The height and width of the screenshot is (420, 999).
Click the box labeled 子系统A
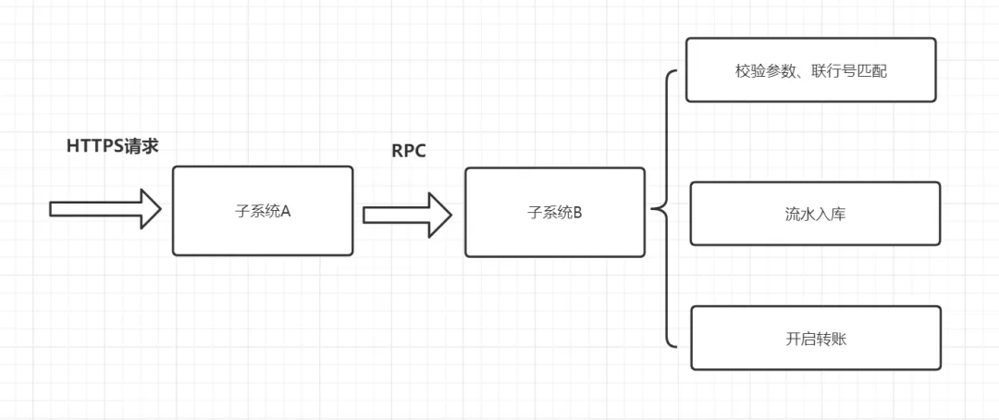click(x=262, y=211)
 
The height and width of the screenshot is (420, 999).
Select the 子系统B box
click(x=554, y=212)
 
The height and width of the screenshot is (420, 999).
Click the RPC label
click(x=409, y=152)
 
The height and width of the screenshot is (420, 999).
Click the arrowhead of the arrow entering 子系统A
click(x=150, y=208)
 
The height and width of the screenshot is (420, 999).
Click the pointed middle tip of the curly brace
click(x=653, y=210)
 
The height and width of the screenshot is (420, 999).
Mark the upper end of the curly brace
click(x=677, y=73)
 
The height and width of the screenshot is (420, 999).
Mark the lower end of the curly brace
click(x=677, y=347)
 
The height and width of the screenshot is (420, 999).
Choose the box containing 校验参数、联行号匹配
click(x=810, y=69)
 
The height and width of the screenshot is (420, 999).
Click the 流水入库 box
click(x=814, y=214)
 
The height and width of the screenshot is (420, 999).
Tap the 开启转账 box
click(x=815, y=339)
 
